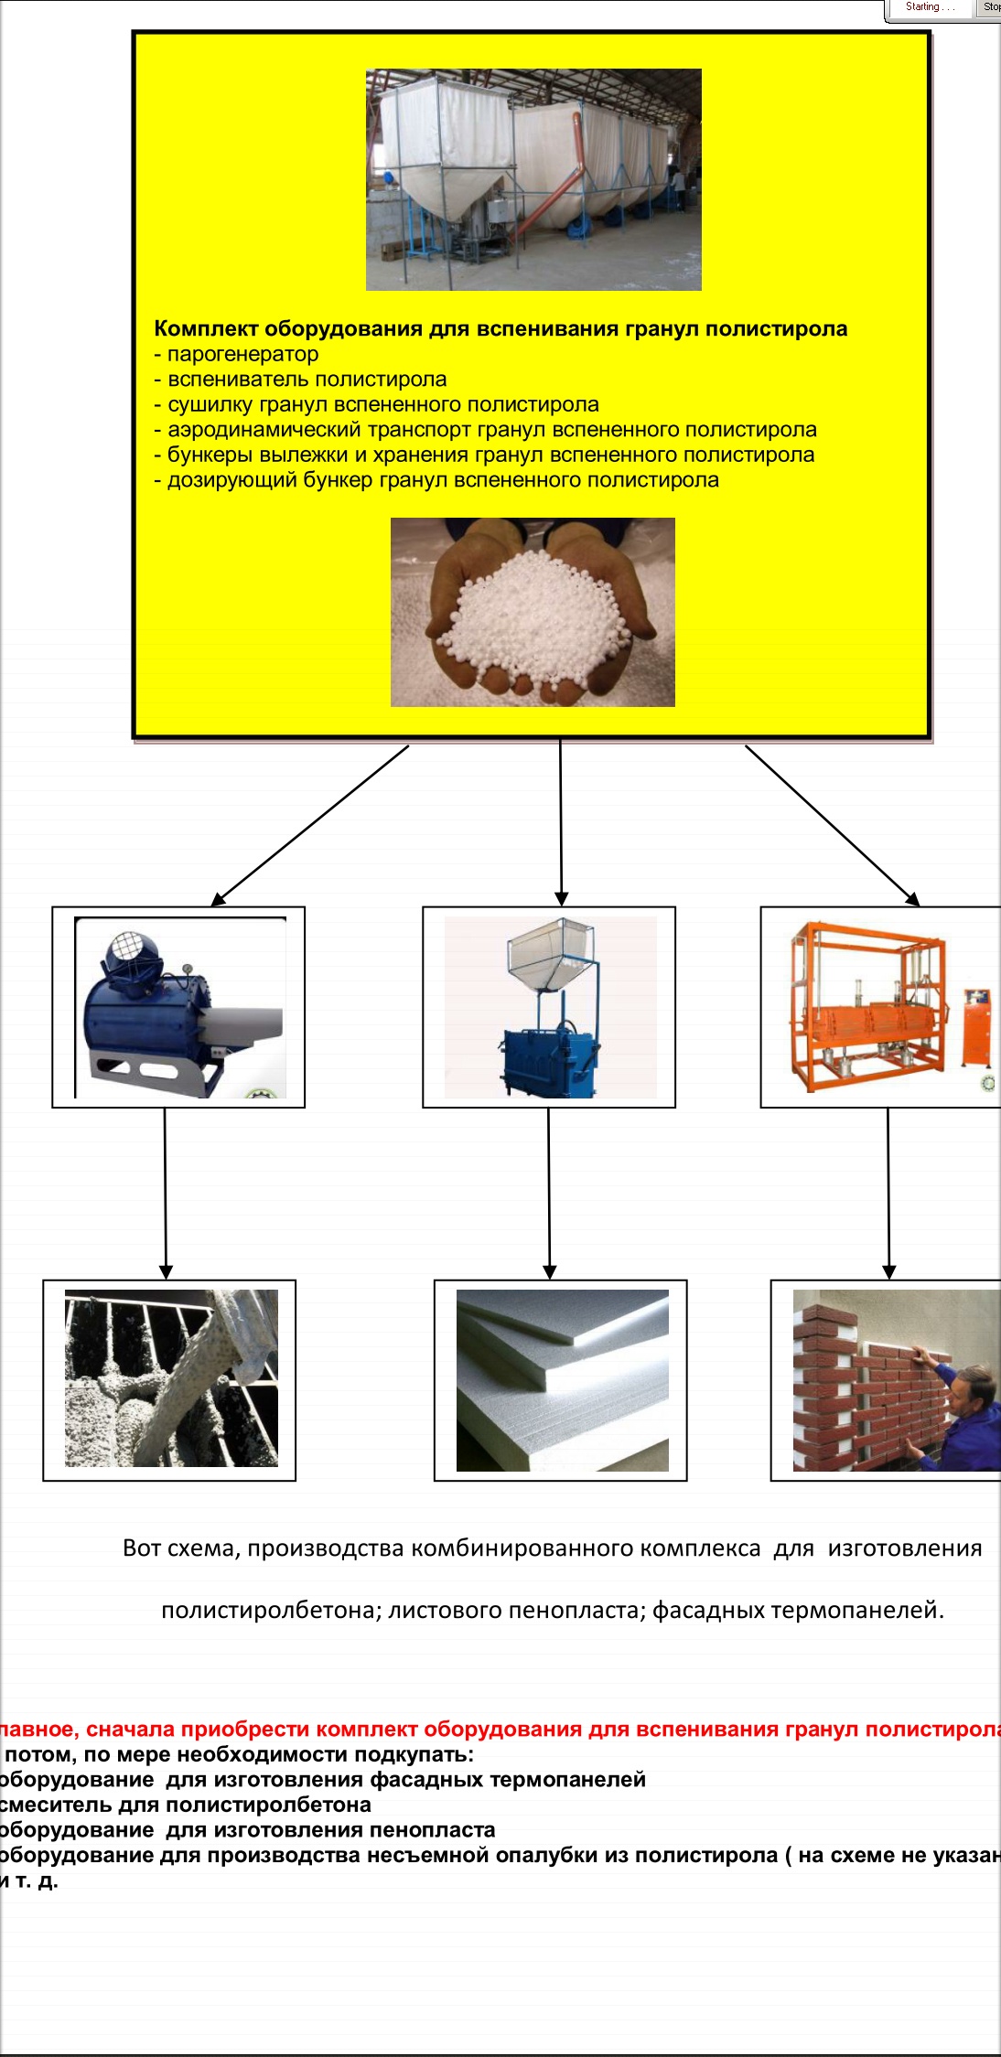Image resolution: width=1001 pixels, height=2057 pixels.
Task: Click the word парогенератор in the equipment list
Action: pyautogui.click(x=242, y=354)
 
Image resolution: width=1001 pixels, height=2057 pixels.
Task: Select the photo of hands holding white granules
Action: pyautogui.click(x=533, y=612)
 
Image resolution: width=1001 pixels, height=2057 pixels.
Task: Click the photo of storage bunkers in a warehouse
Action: pyautogui.click(x=533, y=179)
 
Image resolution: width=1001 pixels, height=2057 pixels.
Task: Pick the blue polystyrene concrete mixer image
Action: pyautogui.click(x=179, y=1007)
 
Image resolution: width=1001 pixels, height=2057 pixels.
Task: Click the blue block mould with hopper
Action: pyautogui.click(x=550, y=1007)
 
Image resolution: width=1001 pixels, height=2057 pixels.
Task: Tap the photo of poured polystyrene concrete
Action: pyautogui.click(x=171, y=1378)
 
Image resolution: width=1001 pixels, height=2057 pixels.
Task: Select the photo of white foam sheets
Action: pyautogui.click(x=562, y=1380)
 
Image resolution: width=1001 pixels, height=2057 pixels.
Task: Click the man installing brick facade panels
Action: pyautogui.click(x=896, y=1380)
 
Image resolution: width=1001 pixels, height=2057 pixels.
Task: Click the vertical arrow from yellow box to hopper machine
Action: pyautogui.click(x=561, y=823)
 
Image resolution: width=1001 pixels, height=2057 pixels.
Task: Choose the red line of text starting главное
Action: pyautogui.click(x=499, y=1729)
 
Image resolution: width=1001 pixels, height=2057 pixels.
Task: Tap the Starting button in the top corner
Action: pyautogui.click(x=929, y=7)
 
